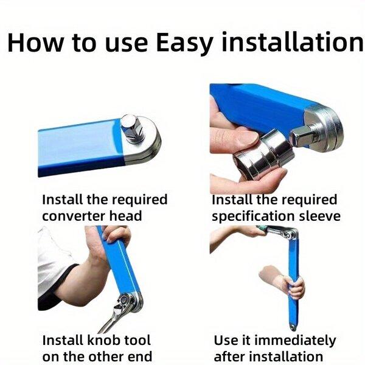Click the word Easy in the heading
184,43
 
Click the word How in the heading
35,43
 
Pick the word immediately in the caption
295,341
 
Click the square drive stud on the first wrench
131,127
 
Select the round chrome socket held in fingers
264,155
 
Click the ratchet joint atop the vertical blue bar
290,234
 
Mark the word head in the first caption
125,215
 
